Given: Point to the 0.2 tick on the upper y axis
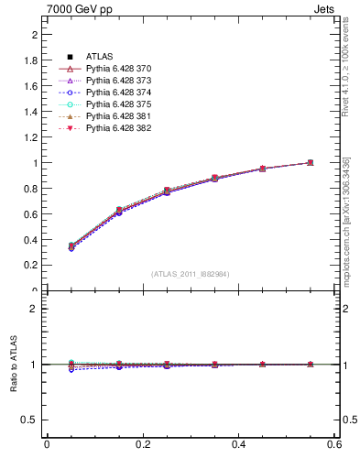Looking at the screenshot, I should coord(31,266).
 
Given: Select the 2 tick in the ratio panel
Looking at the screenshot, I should coord(35,309).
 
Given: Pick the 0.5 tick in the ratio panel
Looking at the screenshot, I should coord(31,420).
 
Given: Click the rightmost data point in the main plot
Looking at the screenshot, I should coord(311,163).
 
